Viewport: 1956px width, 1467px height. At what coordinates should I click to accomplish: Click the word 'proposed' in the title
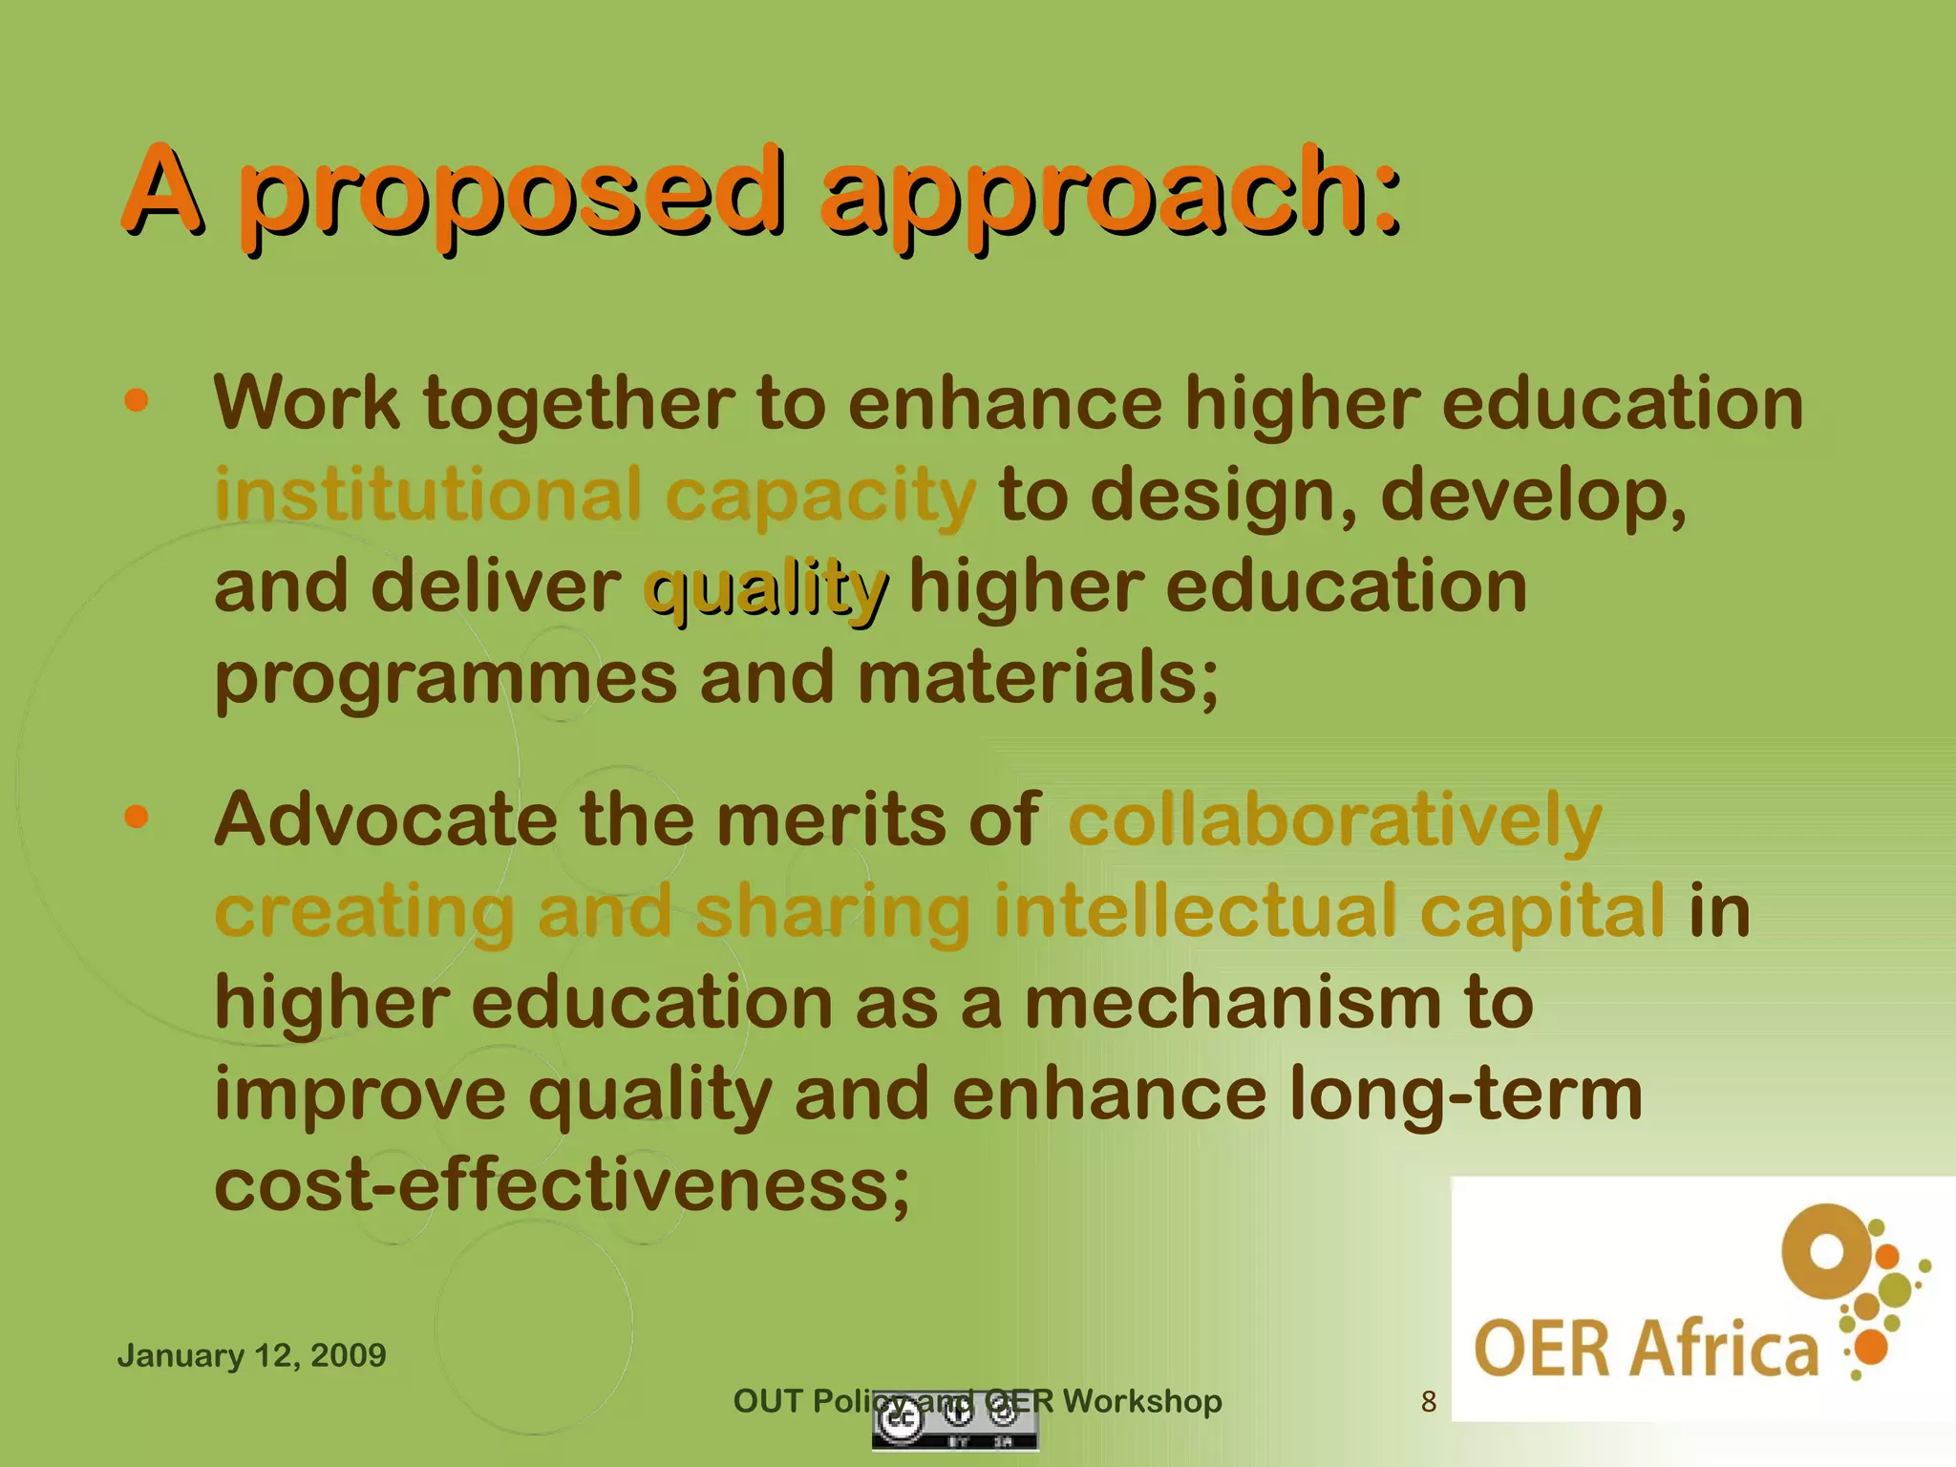[x=511, y=196]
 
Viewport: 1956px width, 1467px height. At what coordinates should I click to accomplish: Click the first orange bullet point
[x=137, y=400]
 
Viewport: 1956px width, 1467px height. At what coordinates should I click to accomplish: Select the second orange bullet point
[x=137, y=817]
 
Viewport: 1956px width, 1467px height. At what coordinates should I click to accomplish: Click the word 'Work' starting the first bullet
[x=306, y=403]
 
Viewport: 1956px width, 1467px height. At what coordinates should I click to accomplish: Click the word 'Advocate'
[x=386, y=819]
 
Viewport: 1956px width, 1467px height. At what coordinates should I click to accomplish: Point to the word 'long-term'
[x=1465, y=1095]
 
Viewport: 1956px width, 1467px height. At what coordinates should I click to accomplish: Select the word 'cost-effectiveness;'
[x=562, y=1186]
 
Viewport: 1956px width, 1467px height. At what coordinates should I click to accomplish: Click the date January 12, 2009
[x=251, y=1355]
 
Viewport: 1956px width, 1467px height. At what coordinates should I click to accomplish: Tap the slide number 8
[x=1428, y=1401]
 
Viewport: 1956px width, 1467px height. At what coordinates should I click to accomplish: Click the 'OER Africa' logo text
[x=1646, y=1349]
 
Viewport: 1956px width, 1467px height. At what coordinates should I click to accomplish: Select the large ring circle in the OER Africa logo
[x=1826, y=1251]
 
